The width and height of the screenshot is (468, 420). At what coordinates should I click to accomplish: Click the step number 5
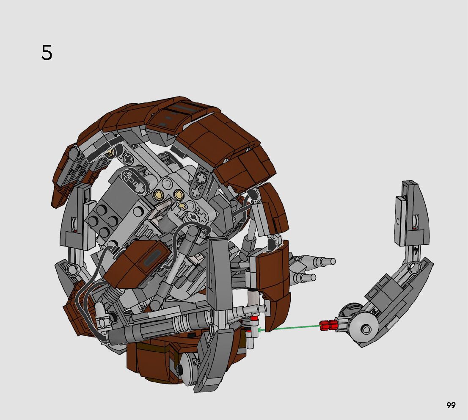47,53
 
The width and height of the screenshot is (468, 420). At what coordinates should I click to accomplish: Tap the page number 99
451,405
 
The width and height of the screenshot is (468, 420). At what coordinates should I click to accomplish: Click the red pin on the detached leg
328,325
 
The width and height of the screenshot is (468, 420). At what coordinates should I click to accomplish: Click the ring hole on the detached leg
414,267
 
